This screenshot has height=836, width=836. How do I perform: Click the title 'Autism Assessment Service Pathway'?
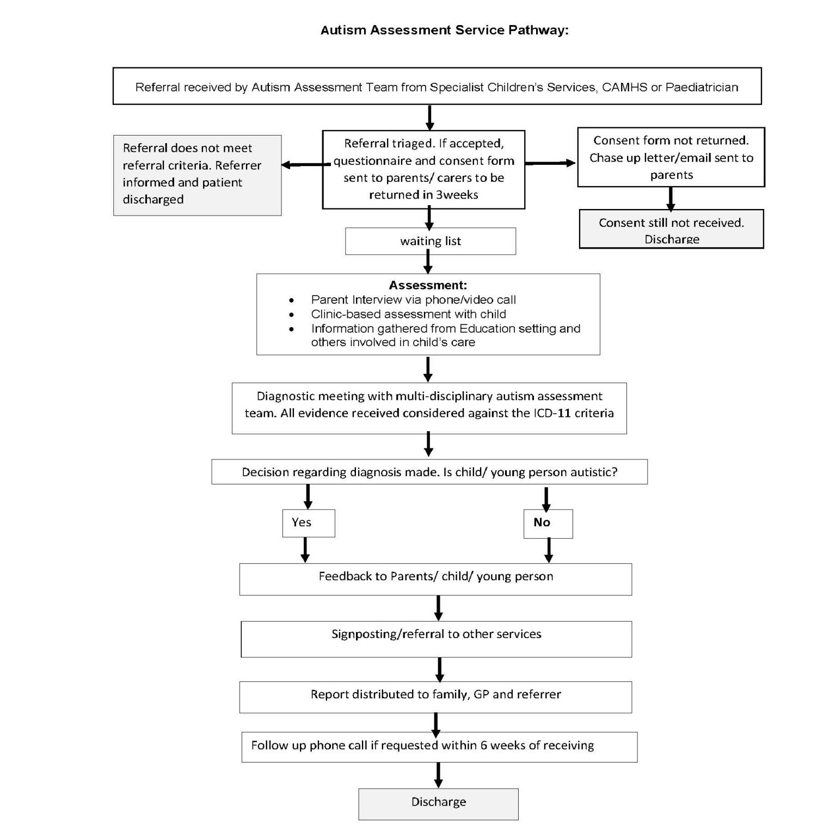coord(444,30)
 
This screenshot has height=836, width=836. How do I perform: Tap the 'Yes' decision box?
coord(309,523)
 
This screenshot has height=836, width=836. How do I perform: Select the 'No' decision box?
coord(548,523)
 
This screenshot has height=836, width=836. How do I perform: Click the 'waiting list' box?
coord(430,241)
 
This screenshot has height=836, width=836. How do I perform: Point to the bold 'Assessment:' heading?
coord(428,285)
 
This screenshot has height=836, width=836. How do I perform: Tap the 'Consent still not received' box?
coord(671,229)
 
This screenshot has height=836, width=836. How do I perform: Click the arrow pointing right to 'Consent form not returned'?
coord(550,163)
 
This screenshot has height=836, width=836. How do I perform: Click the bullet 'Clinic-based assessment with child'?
coord(408,314)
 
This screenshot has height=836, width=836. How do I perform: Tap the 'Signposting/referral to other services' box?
coord(436,638)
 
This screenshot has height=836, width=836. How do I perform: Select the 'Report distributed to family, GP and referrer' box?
coord(435,697)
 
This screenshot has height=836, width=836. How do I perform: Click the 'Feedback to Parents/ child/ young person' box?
coord(435,579)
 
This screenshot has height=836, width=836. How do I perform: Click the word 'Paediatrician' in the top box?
coord(702,87)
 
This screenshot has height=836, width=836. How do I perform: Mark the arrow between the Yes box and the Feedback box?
coord(305,550)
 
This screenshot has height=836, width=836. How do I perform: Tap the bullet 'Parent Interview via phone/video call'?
coord(413,300)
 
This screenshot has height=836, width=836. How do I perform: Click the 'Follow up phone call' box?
coord(439,746)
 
